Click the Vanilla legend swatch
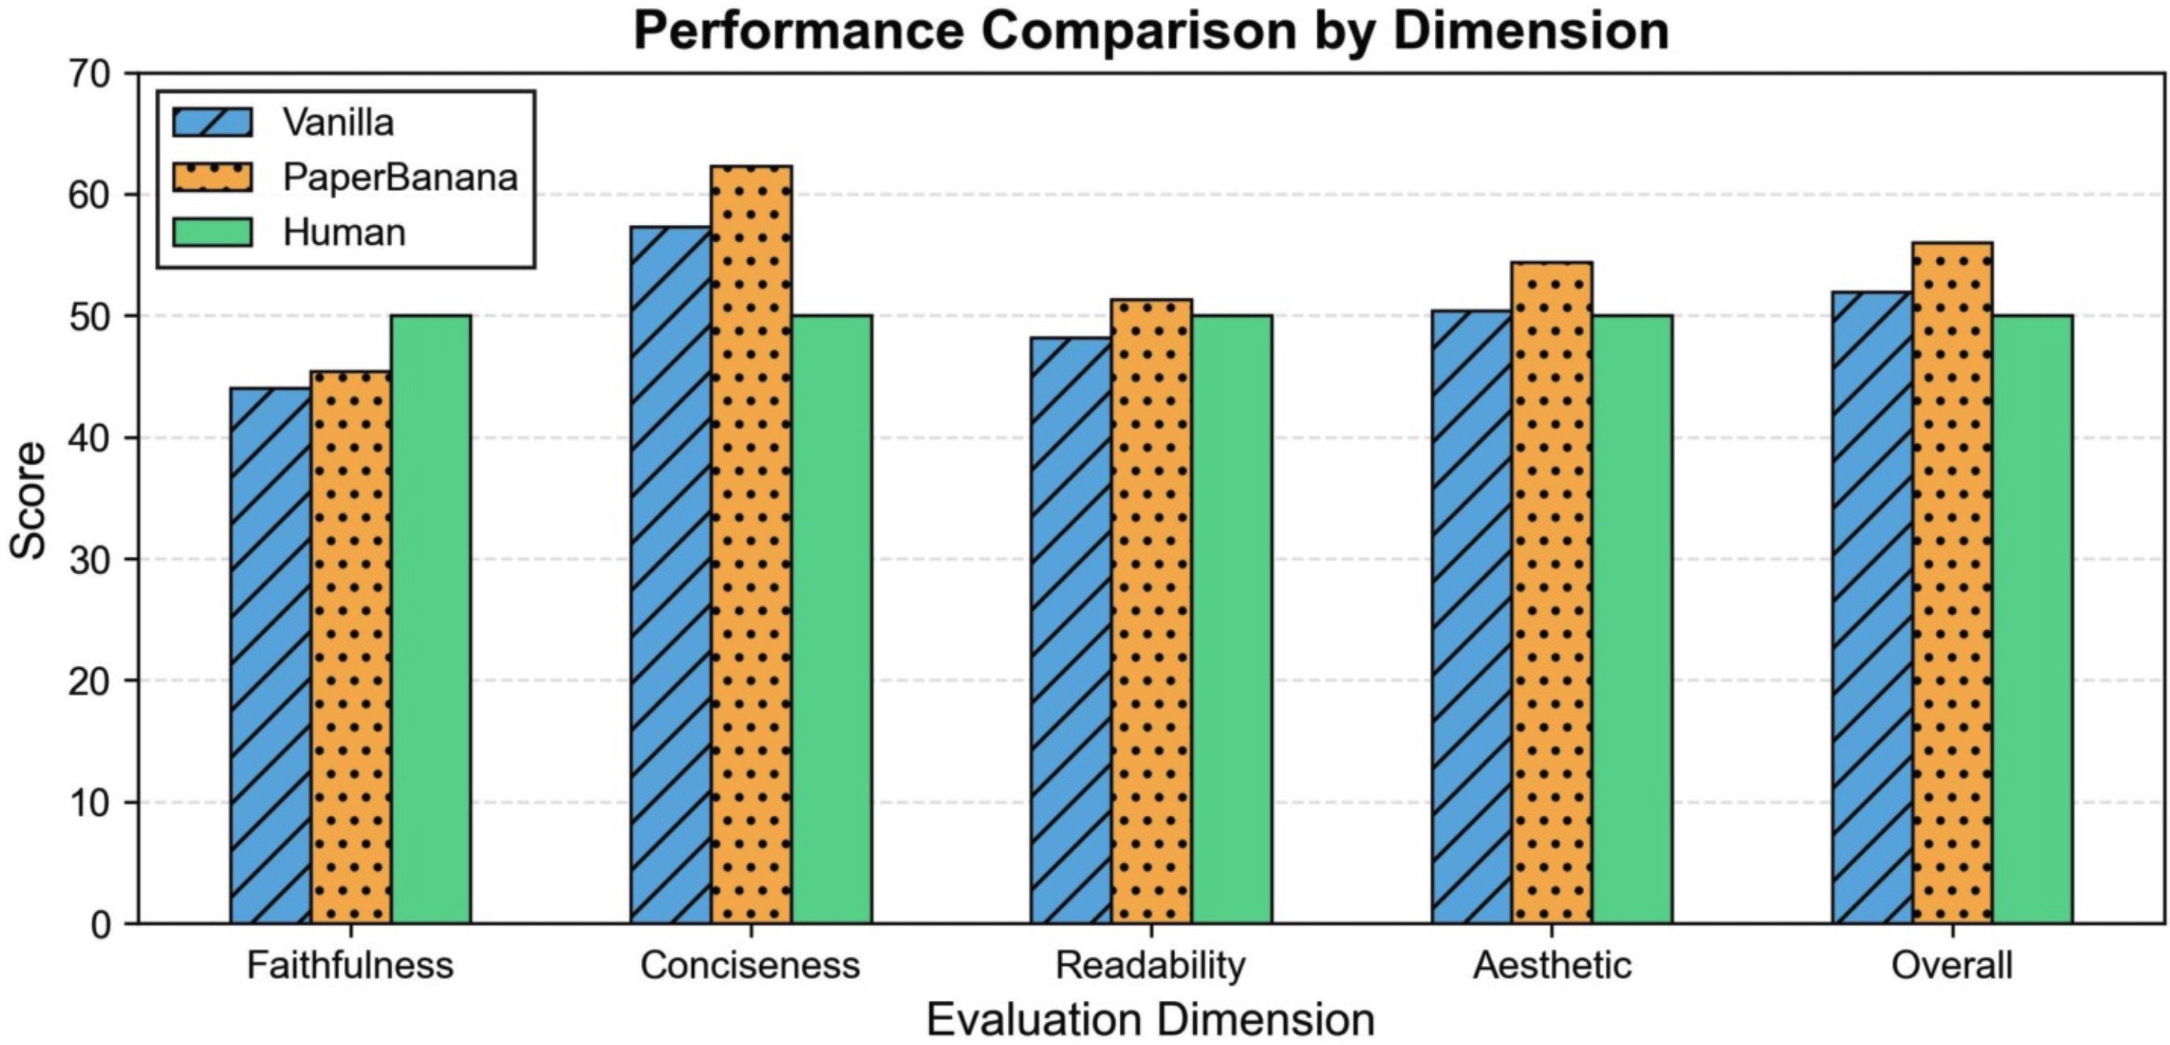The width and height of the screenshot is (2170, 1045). click(x=212, y=122)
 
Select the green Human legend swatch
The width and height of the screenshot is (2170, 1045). click(x=212, y=232)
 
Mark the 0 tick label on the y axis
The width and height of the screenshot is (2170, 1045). click(x=100, y=924)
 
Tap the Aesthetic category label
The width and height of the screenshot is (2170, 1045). click(x=1552, y=965)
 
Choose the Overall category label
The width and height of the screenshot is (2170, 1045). click(x=1952, y=965)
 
